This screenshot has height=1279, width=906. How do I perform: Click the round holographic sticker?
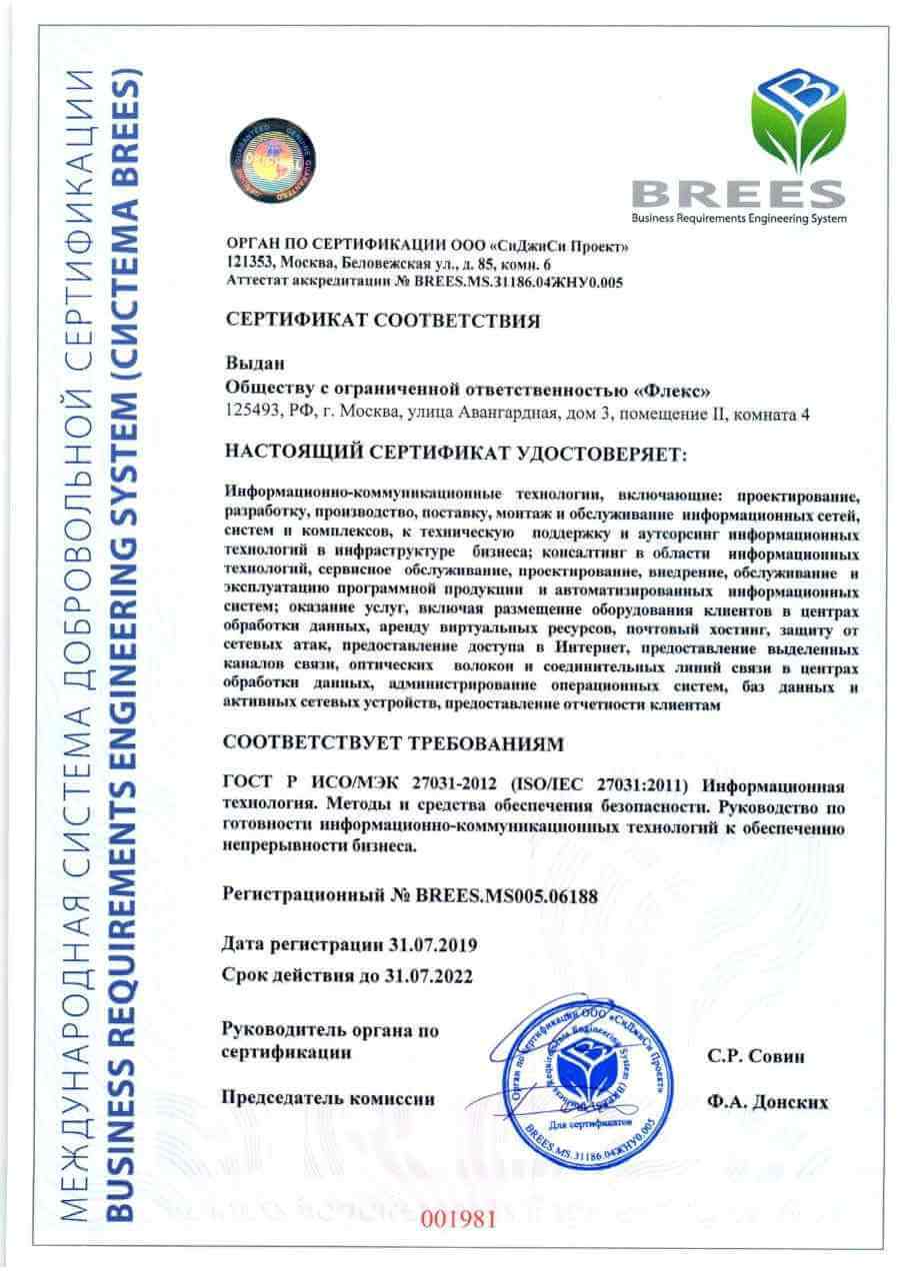(275, 158)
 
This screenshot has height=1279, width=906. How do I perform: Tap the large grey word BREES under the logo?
(738, 194)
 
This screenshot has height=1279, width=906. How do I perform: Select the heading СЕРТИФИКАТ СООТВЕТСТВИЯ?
(383, 321)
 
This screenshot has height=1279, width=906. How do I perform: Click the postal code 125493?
(255, 412)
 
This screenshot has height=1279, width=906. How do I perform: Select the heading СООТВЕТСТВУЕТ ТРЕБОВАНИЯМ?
(394, 743)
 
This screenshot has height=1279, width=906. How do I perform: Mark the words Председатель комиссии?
(328, 1098)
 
